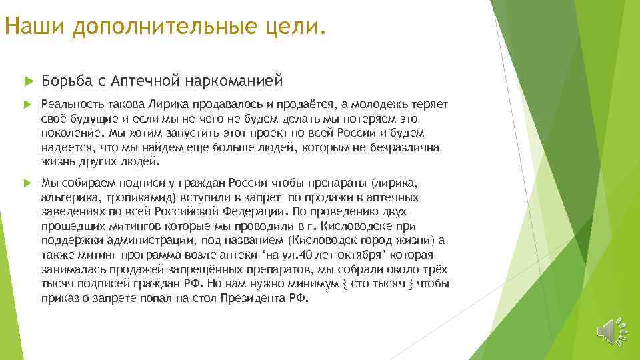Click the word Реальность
point(69,105)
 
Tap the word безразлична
point(403,147)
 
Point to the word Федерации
point(254,212)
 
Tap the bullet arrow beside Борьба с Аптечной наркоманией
point(27,81)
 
